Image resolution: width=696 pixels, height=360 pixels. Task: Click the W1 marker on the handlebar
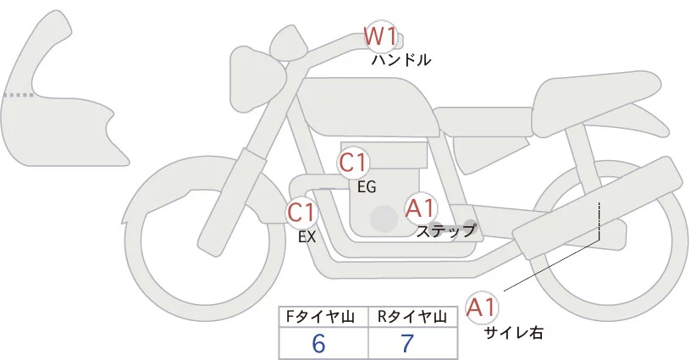380,36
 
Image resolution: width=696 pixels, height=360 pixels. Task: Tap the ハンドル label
401,60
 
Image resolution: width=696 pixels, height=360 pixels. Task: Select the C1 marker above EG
354,163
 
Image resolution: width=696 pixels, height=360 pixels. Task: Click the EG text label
367,187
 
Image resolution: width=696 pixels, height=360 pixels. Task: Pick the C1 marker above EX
301,212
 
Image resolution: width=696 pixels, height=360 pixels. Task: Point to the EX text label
307,237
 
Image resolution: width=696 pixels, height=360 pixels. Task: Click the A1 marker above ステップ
420,208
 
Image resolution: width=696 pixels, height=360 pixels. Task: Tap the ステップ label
446,230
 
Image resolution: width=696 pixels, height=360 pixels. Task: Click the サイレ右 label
513,333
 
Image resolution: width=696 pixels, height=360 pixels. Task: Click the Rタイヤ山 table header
414,317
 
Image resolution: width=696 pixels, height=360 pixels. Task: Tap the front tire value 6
319,343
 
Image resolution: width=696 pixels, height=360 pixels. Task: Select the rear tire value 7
408,343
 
